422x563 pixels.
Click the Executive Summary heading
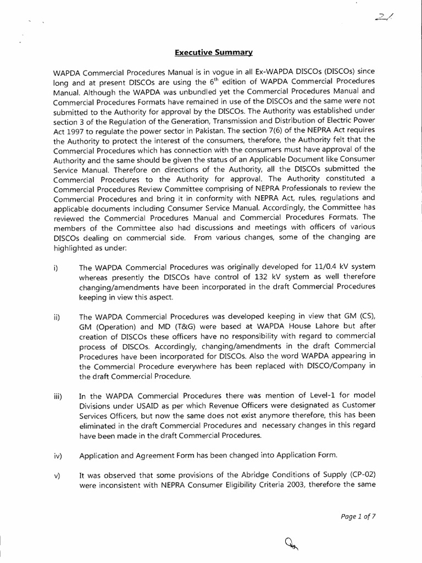[x=214, y=53]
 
